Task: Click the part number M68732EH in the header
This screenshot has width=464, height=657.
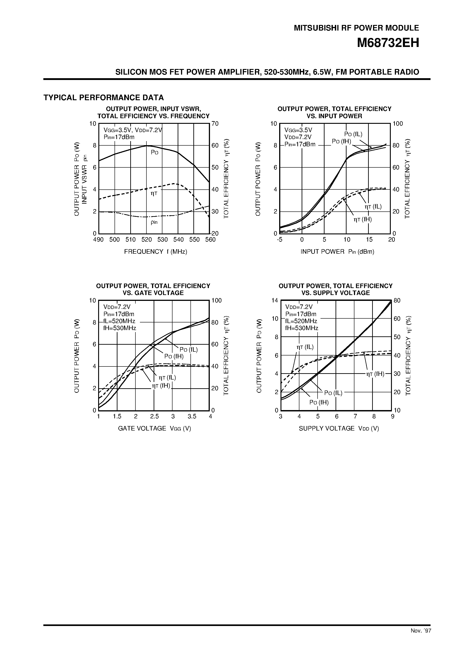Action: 388,43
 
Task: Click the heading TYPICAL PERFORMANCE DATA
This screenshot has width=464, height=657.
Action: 104,98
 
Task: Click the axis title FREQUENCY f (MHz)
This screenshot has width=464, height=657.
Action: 155,251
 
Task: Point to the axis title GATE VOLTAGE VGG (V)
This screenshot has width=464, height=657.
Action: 155,428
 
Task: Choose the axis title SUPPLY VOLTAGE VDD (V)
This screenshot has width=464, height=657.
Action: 339,428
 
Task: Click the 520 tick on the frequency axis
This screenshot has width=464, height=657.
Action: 146,240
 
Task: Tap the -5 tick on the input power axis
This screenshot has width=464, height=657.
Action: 279,240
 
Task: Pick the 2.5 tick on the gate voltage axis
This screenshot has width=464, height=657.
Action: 155,416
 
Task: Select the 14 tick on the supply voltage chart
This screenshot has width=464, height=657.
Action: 275,300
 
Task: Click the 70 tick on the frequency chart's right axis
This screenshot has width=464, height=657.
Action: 215,124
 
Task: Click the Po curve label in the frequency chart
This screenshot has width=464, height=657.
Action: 155,152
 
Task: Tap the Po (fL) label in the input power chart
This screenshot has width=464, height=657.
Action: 353,134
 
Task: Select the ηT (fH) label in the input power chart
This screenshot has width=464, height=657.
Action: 362,220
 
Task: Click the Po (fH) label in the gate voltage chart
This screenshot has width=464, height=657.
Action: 174,356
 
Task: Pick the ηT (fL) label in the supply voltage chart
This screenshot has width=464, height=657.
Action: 305,347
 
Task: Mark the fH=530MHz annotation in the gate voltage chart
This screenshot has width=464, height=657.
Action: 119,328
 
